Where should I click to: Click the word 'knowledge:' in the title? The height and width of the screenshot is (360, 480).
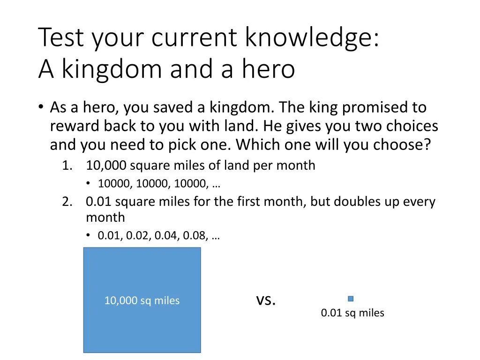[312, 38]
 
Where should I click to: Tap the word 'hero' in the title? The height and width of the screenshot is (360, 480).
[268, 69]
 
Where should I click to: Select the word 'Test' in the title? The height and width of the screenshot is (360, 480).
[60, 38]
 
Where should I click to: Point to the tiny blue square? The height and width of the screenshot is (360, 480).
[351, 299]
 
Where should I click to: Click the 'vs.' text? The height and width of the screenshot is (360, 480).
[266, 300]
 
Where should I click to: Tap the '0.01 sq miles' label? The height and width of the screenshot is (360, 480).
[352, 313]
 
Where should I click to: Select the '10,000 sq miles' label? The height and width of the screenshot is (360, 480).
[142, 300]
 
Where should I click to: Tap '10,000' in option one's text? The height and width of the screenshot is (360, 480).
[106, 165]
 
